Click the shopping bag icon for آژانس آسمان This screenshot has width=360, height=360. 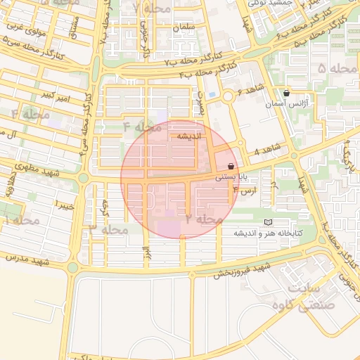tap(286, 93)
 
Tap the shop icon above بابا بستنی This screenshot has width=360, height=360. tap(231, 166)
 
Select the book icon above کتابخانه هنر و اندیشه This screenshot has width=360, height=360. tap(267, 222)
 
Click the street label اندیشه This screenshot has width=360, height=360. tap(189, 136)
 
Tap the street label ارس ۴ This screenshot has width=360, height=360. tap(245, 190)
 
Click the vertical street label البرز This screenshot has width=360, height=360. tap(146, 254)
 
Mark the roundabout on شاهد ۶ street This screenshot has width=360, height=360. tap(228, 97)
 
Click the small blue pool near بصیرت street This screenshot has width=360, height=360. tap(212, 94)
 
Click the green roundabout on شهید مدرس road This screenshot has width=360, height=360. tap(72, 267)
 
